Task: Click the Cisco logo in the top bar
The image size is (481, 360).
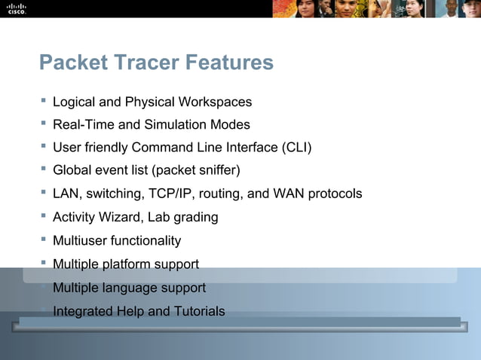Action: pos(17,8)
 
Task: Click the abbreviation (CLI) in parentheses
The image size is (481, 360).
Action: pos(296,148)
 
